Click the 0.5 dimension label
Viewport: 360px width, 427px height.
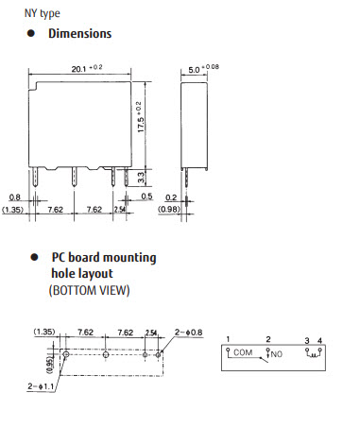click(x=147, y=196)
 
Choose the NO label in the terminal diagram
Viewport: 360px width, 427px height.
click(x=277, y=354)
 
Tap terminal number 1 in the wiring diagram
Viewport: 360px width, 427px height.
click(x=228, y=338)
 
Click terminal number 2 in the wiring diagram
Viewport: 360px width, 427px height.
click(x=268, y=338)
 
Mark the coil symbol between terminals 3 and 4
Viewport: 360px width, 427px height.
click(x=312, y=353)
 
